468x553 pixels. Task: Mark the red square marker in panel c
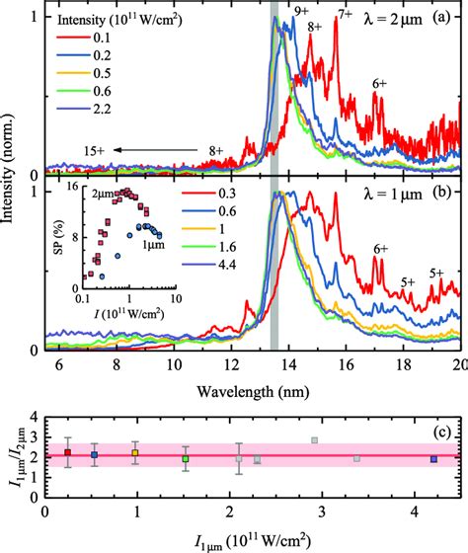[x=67, y=452]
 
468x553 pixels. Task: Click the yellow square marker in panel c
[x=136, y=452]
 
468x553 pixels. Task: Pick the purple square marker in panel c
[x=433, y=459]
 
